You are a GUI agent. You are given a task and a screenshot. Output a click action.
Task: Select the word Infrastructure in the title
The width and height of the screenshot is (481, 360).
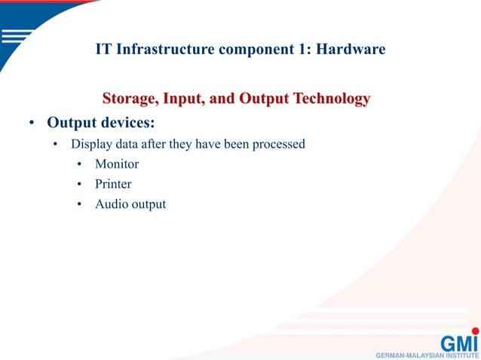pos(158,50)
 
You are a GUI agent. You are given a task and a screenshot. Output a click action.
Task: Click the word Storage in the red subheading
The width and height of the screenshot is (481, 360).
pos(131,99)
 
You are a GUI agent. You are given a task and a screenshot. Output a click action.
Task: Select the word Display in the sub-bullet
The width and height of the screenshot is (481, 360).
pos(91,144)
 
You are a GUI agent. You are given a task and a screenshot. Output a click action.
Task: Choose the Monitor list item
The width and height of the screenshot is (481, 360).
pos(117,163)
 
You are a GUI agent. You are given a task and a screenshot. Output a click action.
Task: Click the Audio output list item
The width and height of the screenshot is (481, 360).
pos(130,203)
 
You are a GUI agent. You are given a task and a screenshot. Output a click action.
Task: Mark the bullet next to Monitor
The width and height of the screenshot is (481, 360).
pos(79,164)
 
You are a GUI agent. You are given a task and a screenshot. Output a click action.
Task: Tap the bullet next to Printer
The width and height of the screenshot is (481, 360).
pos(79,184)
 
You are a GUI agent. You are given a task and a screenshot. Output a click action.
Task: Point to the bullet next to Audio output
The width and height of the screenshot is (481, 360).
pos(79,204)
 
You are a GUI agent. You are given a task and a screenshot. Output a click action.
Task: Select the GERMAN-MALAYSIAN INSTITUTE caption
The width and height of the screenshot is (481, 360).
pos(427,354)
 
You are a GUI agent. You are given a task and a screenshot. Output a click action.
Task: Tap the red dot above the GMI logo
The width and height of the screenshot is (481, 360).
pos(475,330)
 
